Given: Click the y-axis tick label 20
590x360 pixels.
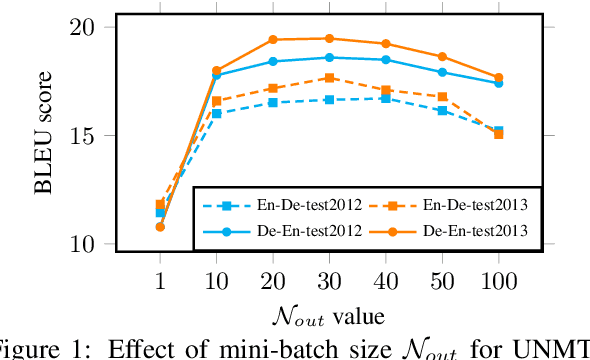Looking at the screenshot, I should (x=93, y=28).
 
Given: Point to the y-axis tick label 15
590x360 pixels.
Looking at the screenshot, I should (x=93, y=136).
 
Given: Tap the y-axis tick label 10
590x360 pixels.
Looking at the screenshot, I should (x=93, y=244).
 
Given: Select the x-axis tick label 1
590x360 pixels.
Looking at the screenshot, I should (x=160, y=274).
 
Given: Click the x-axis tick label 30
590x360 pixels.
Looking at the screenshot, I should (x=330, y=274).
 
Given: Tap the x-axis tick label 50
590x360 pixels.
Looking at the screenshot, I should (x=442, y=274).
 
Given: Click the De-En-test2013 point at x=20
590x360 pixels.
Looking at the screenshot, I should (x=273, y=40).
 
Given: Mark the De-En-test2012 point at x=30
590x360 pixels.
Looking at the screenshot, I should (x=330, y=57).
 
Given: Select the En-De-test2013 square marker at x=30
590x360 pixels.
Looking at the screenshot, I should (x=330, y=77).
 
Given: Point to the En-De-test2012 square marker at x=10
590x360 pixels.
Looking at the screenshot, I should (x=217, y=114).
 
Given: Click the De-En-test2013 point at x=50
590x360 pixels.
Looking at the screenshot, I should (x=442, y=56).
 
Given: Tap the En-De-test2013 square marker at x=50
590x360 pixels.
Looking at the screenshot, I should (x=442, y=97).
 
